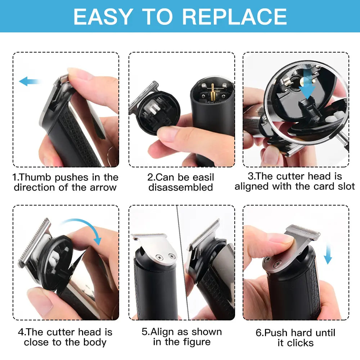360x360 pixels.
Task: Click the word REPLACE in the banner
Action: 234,17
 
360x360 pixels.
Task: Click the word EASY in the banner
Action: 103,17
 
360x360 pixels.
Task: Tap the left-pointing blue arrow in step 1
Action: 29,81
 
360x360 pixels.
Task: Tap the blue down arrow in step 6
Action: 328,255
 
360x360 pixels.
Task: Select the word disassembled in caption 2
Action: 181,187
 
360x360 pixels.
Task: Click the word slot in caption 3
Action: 346,186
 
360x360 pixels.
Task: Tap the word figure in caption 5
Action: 197,342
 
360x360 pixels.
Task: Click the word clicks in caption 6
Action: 300,343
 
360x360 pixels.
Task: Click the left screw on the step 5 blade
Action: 159,258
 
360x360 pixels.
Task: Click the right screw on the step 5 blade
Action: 171,256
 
